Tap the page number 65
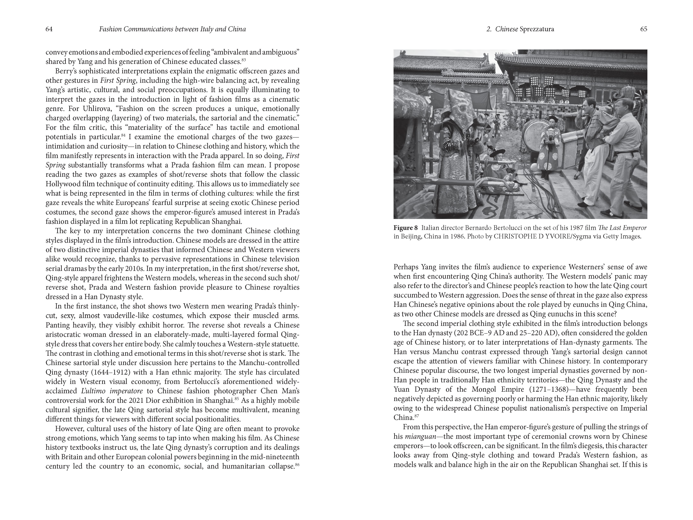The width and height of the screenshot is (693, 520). coord(644,29)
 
